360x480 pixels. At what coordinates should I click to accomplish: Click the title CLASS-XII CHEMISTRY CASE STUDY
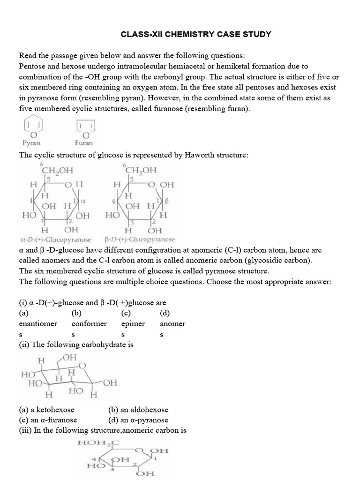[x=196, y=34]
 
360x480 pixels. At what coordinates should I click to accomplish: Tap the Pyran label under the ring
[x=31, y=142]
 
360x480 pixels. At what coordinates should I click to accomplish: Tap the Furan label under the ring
[x=83, y=142]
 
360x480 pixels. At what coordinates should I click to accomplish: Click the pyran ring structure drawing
[x=32, y=127]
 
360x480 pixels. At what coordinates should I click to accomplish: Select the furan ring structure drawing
[x=85, y=127]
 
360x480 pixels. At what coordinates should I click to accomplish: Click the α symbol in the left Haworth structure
[x=83, y=200]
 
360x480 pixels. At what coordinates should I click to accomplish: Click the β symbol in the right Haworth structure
[x=166, y=200]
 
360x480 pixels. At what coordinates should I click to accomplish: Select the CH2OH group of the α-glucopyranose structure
[x=57, y=170]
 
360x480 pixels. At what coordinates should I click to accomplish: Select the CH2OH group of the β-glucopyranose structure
[x=141, y=170]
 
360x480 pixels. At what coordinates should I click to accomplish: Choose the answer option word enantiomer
[x=38, y=323]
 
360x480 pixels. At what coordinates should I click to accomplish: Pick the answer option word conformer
[x=89, y=323]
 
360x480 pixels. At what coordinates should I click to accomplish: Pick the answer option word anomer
[x=172, y=323]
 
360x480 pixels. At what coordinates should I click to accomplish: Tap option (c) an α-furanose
[x=48, y=420]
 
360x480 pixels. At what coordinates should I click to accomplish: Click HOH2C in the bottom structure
[x=100, y=442]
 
